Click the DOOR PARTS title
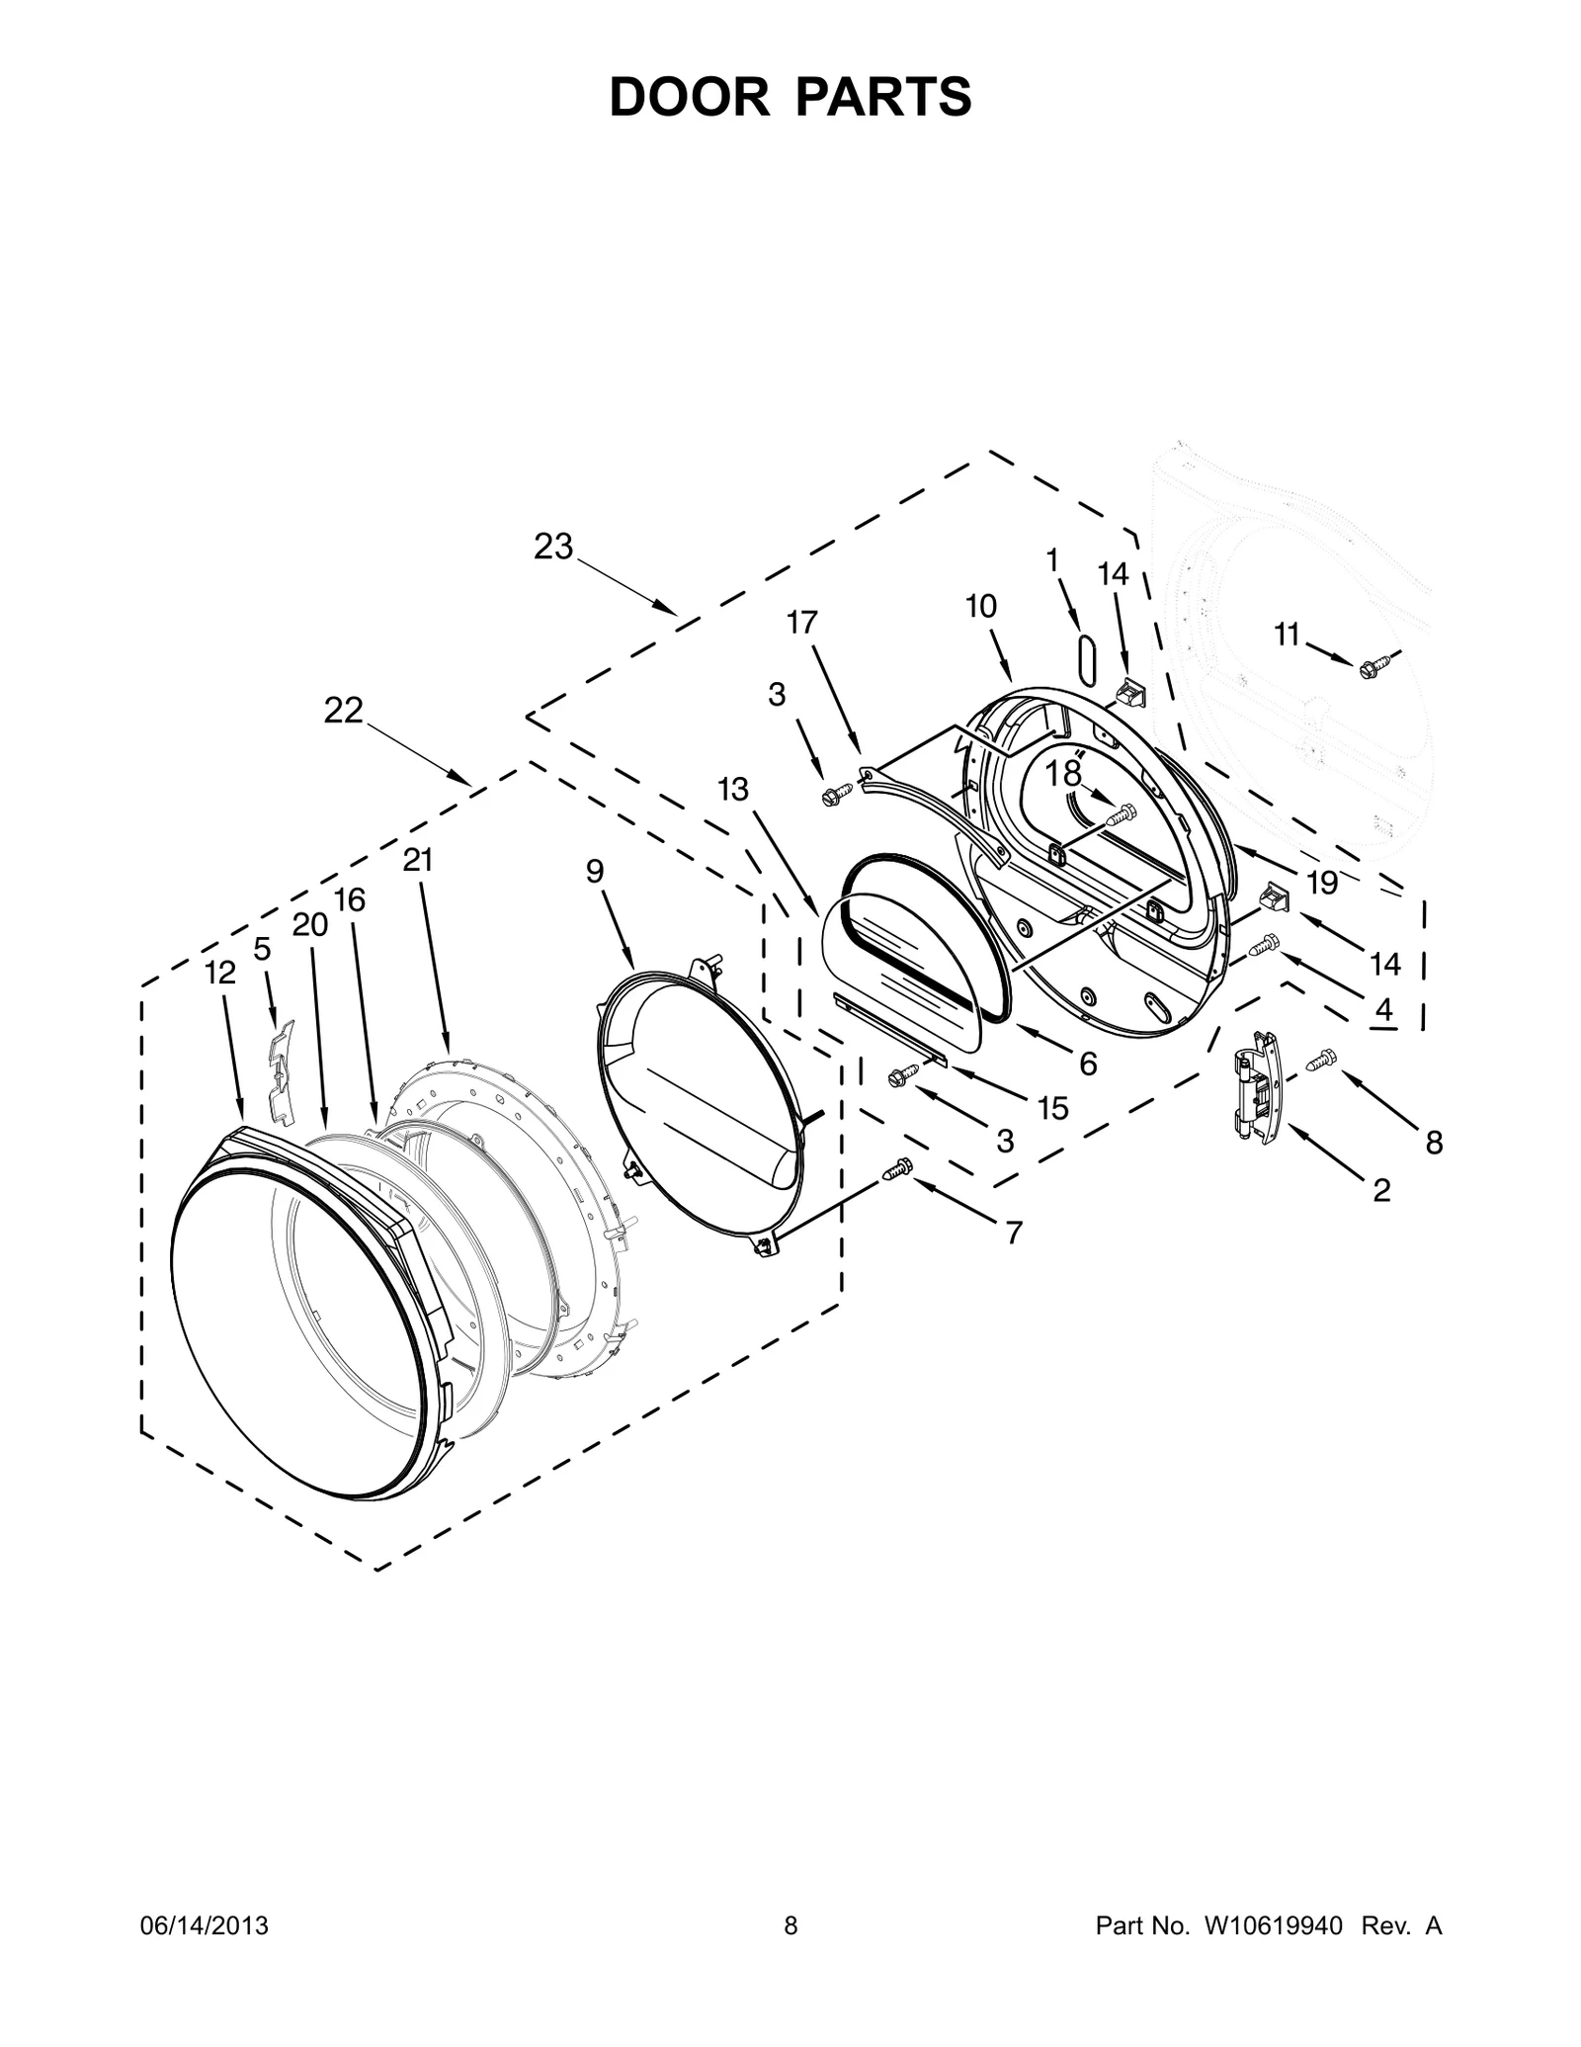click(x=790, y=97)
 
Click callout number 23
click(x=553, y=547)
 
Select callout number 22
click(x=343, y=711)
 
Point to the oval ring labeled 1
click(x=1086, y=659)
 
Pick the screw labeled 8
click(x=1320, y=1061)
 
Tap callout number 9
click(x=594, y=871)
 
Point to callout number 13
click(x=733, y=790)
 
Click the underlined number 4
click(x=1383, y=1009)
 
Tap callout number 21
click(x=418, y=861)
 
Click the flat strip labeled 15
click(x=889, y=1029)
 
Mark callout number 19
click(x=1321, y=883)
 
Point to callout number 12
click(x=220, y=974)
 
